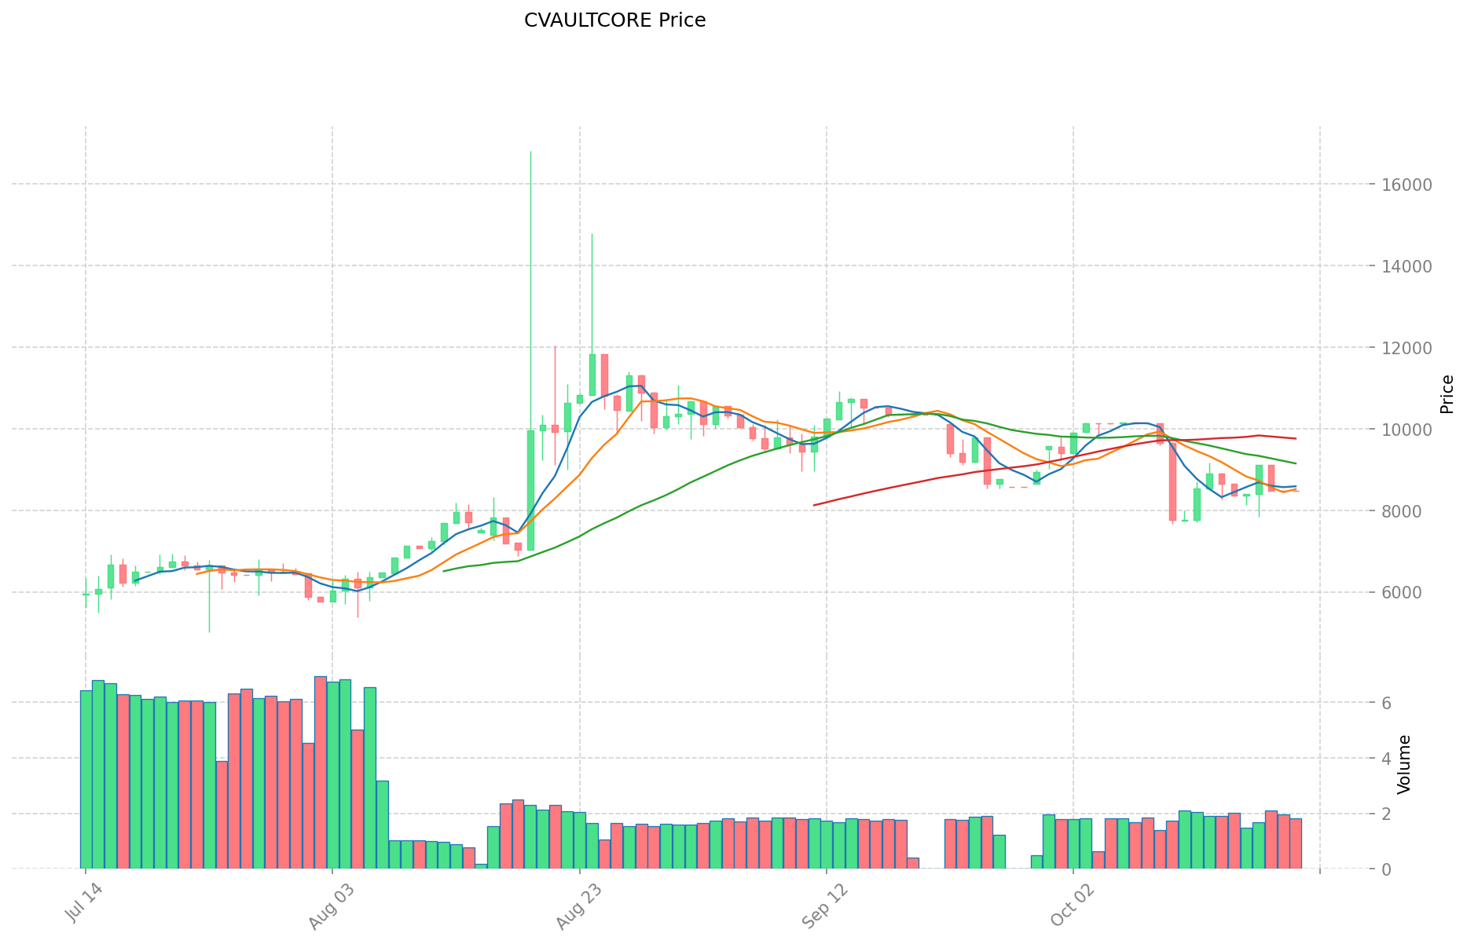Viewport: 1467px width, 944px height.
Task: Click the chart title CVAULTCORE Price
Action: click(x=614, y=20)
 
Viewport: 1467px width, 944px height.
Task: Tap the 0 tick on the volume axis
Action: click(x=1385, y=869)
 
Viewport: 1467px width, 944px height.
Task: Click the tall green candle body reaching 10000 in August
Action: click(x=530, y=490)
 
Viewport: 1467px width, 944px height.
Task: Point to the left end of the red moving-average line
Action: click(x=814, y=505)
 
